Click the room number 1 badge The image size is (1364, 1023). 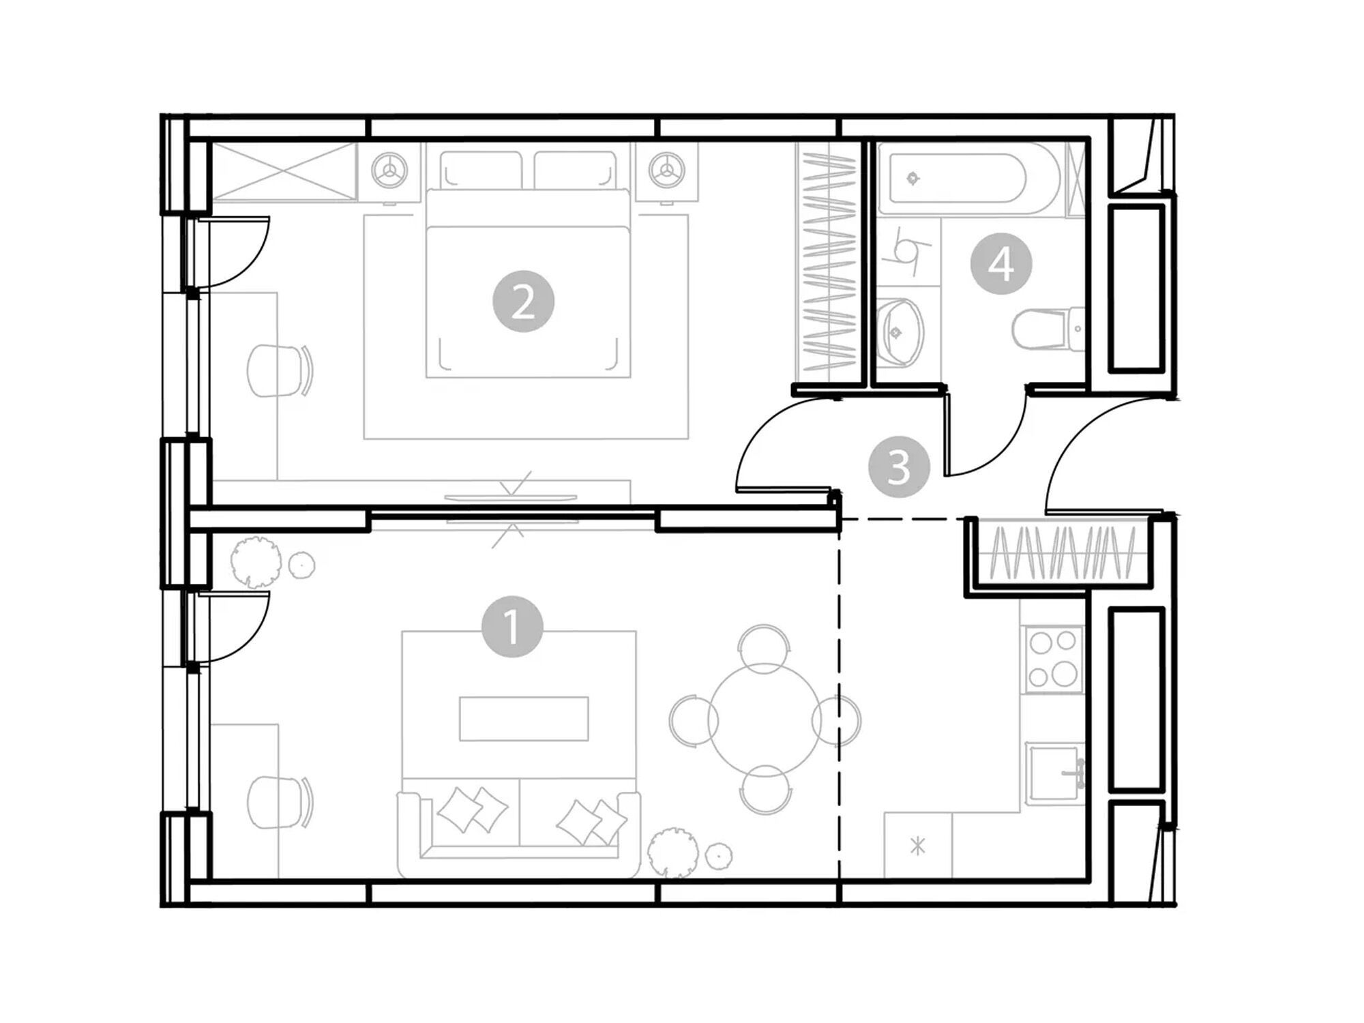pos(512,627)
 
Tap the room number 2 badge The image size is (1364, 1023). pos(523,302)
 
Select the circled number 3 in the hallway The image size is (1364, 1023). pos(899,467)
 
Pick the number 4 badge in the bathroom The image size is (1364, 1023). pos(1001,264)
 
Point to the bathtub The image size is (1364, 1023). pos(968,179)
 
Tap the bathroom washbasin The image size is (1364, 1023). pos(900,333)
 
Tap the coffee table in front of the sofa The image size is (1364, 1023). pos(524,718)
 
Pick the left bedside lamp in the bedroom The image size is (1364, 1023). pos(389,168)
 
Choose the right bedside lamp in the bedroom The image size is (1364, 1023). pos(666,168)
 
